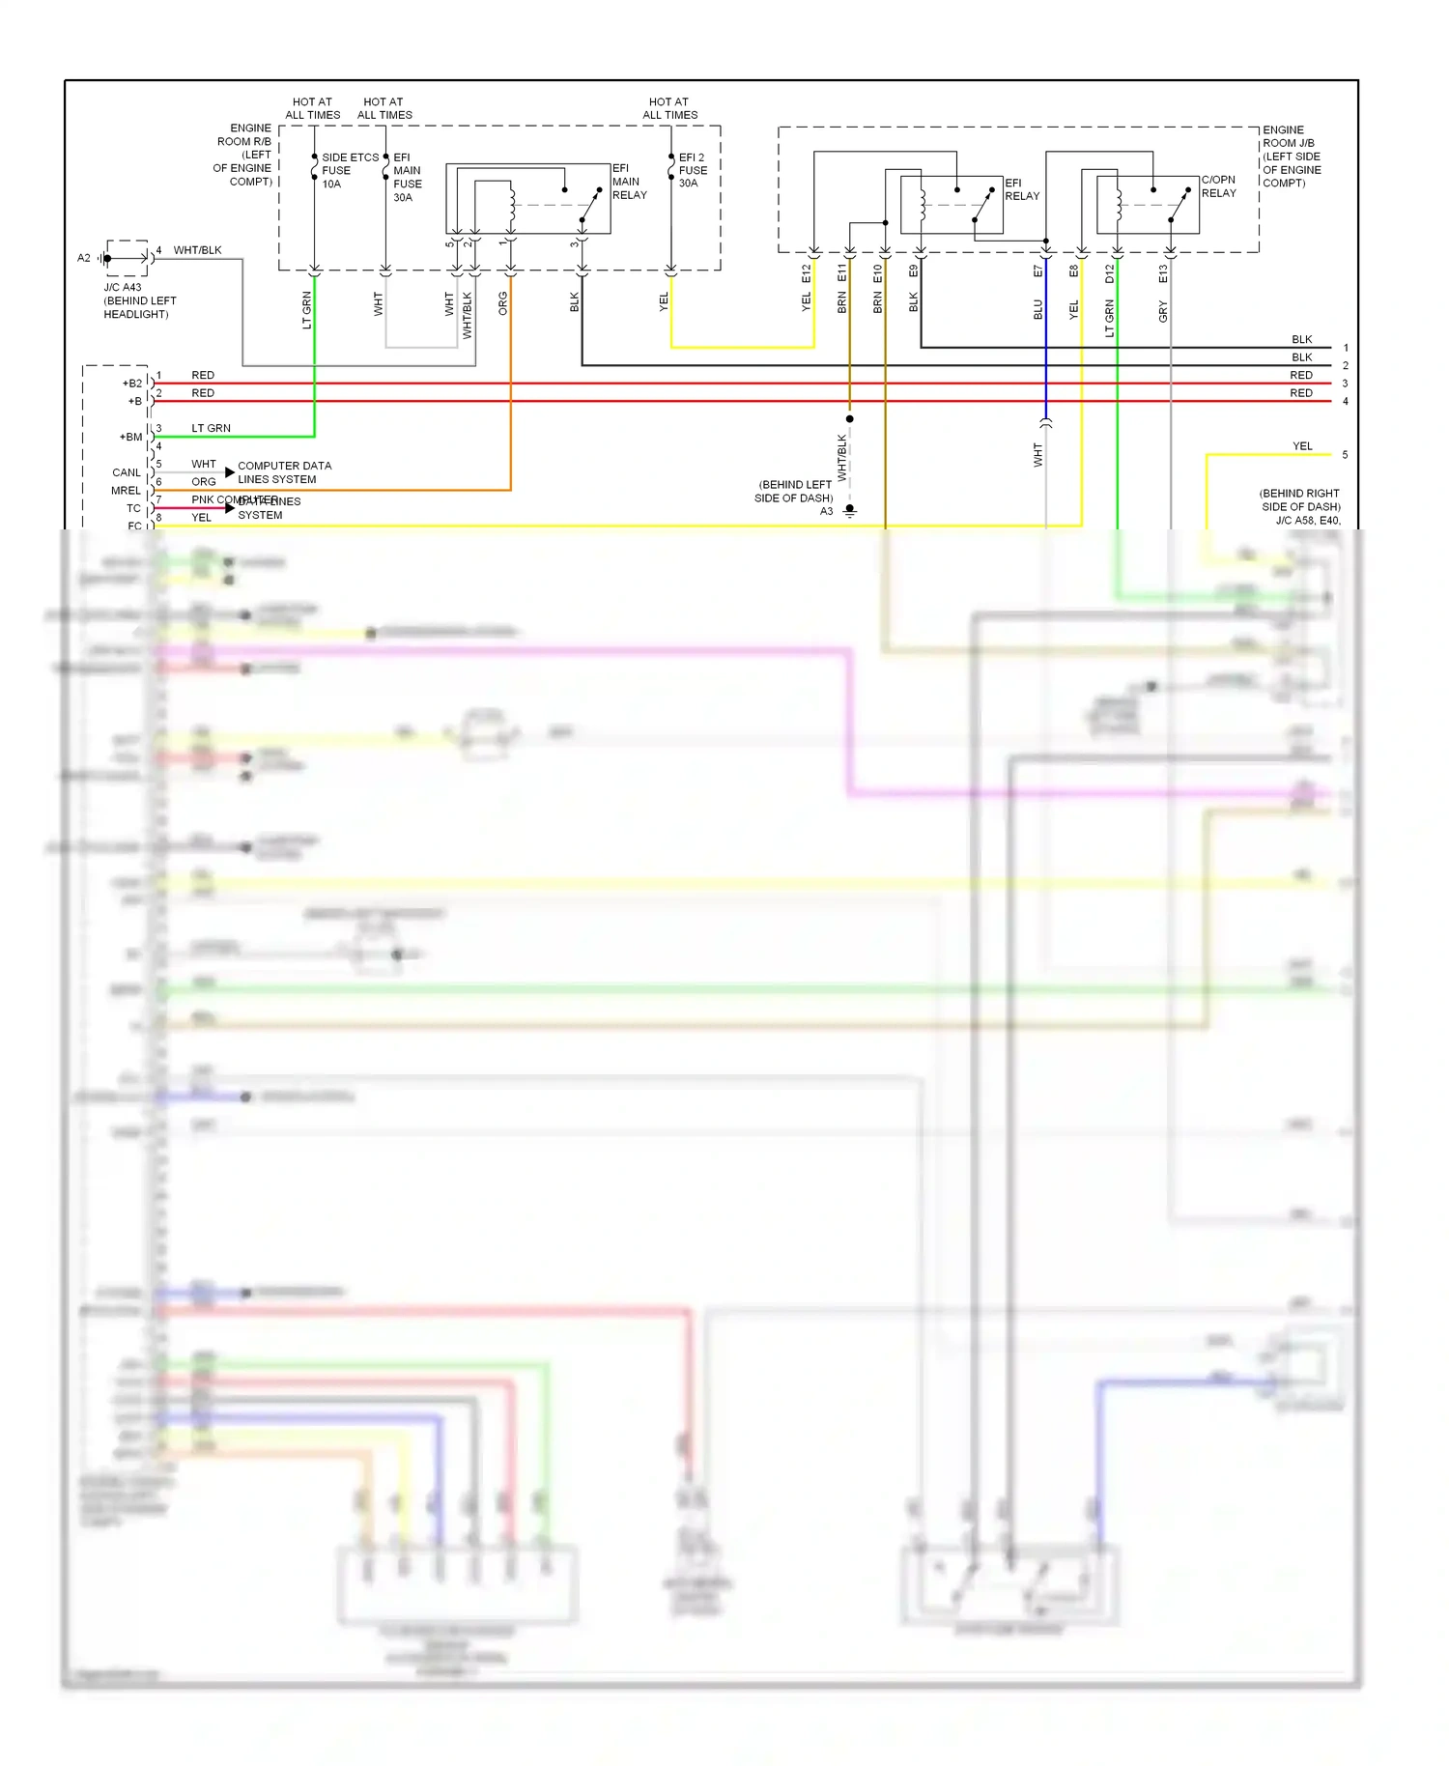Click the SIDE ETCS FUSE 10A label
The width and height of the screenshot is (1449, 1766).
pos(348,170)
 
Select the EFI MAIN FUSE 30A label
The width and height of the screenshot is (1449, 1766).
pos(407,177)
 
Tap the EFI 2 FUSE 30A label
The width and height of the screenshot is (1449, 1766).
pos(693,170)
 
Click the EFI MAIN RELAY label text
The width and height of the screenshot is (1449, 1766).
pos(629,182)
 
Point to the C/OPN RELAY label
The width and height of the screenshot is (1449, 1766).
pos(1218,186)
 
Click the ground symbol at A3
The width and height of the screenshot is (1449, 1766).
pos(850,510)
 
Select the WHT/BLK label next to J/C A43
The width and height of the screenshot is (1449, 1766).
pos(197,250)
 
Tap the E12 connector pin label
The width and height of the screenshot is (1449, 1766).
pos(807,273)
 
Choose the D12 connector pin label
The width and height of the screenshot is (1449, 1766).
pos(1109,273)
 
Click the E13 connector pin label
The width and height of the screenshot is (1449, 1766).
pos(1163,273)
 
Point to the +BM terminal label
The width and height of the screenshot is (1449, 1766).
pos(130,437)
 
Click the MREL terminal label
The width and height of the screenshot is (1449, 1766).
pos(126,491)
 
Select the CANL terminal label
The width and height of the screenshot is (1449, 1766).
pos(127,472)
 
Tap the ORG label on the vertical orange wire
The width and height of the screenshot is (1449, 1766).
pos(502,303)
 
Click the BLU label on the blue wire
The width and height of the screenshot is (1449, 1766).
pos(1038,309)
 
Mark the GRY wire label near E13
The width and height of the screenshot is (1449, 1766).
pos(1163,311)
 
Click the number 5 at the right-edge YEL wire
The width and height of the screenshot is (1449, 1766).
pos(1345,455)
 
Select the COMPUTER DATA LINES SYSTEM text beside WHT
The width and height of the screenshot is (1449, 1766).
pos(283,472)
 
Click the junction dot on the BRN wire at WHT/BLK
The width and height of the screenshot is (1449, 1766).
pos(850,419)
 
